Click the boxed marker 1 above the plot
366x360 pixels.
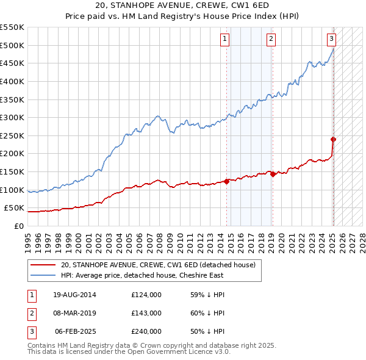click(225, 39)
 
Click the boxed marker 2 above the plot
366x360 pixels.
click(271, 39)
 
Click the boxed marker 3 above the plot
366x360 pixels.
click(331, 39)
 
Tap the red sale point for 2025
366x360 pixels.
click(334, 139)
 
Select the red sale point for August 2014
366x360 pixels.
click(226, 181)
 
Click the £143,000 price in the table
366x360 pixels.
click(146, 313)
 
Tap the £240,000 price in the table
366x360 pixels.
click(146, 331)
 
